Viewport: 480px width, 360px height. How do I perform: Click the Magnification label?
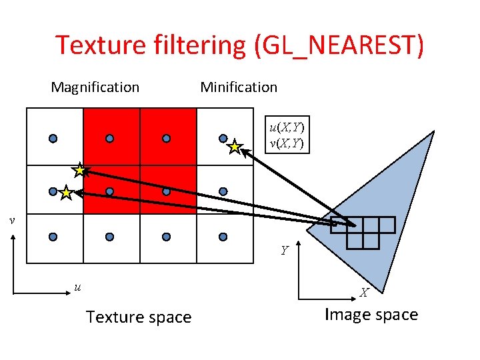click(x=95, y=87)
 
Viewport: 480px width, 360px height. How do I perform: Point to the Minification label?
click(x=239, y=87)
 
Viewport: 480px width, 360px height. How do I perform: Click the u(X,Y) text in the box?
click(x=286, y=127)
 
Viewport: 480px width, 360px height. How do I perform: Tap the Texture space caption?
click(x=139, y=317)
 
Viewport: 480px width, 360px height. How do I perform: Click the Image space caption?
click(x=371, y=315)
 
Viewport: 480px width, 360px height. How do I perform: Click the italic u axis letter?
click(x=77, y=287)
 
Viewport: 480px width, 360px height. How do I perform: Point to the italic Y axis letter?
click(x=285, y=251)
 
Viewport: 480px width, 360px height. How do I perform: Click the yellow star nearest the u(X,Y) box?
click(x=235, y=147)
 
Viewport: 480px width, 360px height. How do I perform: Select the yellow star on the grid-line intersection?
click(x=81, y=170)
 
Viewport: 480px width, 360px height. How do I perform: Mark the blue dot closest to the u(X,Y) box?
click(x=223, y=139)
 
